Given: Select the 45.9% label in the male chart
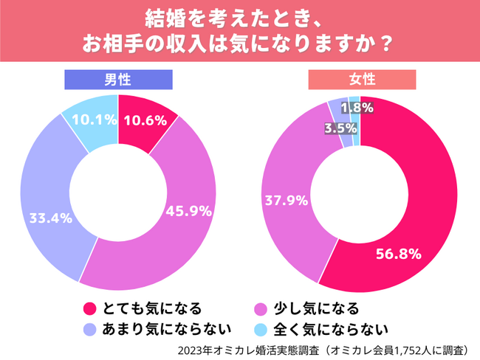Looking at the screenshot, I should pyautogui.click(x=188, y=210).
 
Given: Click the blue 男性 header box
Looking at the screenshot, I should pyautogui.click(x=118, y=79).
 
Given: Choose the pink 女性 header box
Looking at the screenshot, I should pyautogui.click(x=363, y=79).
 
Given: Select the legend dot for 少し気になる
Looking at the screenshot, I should pyautogui.click(x=259, y=308).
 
